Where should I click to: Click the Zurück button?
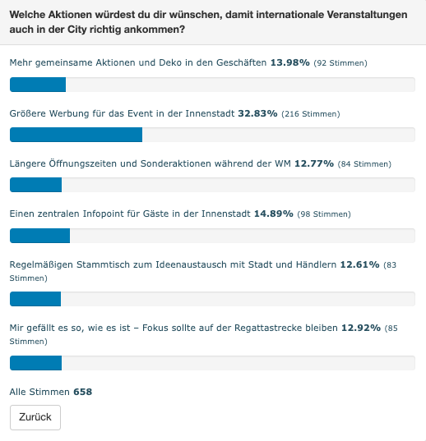point(35,417)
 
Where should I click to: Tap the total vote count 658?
point(83,392)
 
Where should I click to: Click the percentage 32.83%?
point(257,113)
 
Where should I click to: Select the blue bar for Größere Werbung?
point(76,135)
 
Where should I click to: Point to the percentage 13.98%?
point(290,62)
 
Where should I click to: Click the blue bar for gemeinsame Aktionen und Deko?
point(38,85)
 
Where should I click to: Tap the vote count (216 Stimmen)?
point(311,114)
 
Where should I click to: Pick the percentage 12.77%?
point(314,163)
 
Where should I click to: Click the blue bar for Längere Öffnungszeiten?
point(35,185)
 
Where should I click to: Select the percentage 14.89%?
point(274,214)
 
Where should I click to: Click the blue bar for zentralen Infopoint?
point(39,236)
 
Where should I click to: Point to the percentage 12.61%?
point(360,264)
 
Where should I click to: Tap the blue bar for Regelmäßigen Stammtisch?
point(35,299)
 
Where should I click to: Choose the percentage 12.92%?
point(361,328)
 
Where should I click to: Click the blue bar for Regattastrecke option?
point(35,363)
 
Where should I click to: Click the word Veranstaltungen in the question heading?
point(367,15)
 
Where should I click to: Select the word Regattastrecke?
point(286,328)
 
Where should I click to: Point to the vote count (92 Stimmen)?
point(340,63)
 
